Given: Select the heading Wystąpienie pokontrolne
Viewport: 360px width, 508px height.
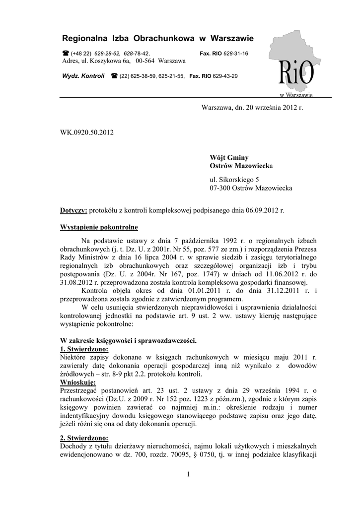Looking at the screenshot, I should (99, 228).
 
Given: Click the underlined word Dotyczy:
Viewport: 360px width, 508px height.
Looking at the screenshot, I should (73, 210).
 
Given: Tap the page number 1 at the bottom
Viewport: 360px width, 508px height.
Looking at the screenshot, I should (189, 475).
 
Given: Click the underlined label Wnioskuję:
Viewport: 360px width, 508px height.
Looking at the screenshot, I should (78, 382).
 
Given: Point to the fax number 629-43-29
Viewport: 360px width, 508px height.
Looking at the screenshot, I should (226, 76).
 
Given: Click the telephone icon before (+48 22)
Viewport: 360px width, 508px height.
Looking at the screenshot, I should (65, 53).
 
